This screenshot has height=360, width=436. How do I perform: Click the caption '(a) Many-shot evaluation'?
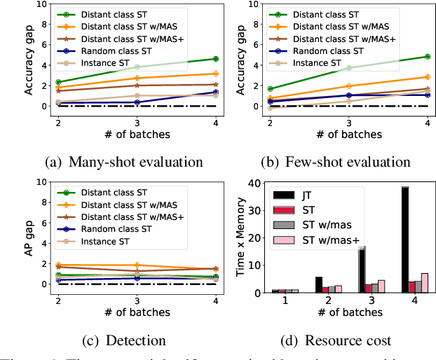click(x=124, y=162)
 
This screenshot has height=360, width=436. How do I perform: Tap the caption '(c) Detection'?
click(x=123, y=341)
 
